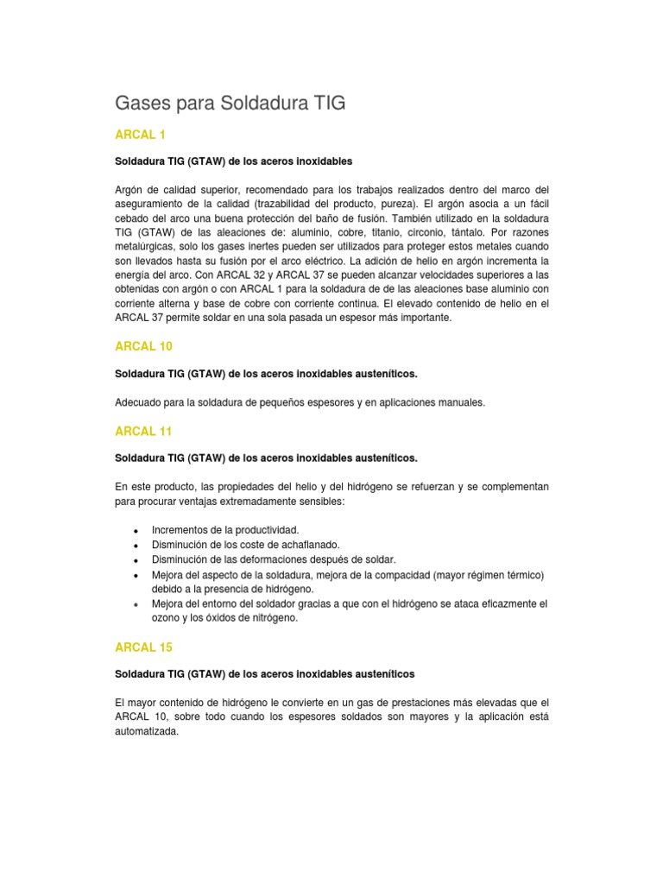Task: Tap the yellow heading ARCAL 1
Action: [x=140, y=135]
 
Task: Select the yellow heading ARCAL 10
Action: [x=143, y=346]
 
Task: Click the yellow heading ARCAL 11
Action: [x=143, y=431]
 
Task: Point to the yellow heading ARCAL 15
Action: [x=143, y=647]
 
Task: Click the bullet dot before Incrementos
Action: [x=136, y=531]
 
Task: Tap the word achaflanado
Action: [x=309, y=545]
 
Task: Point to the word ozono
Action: [x=166, y=618]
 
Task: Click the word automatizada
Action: [x=147, y=731]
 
